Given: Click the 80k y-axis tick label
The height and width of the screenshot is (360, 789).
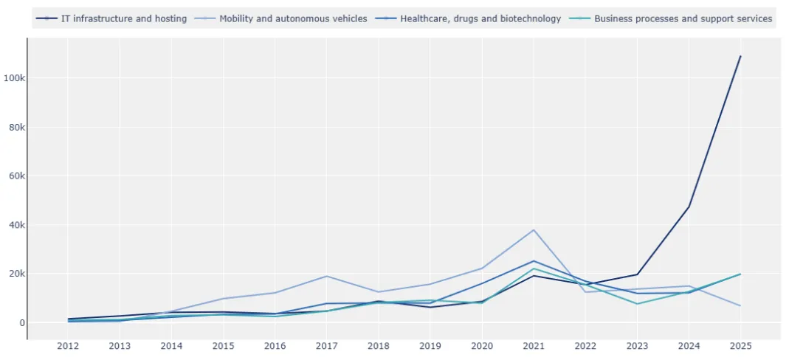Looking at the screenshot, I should coord(15,127).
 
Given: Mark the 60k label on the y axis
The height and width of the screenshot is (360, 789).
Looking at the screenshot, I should coord(15,176).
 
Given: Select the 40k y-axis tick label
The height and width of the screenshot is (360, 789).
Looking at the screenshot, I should coord(15,225).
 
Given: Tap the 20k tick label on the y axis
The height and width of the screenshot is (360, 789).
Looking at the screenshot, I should coord(15,274).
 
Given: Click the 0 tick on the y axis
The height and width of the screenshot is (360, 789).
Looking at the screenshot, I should coord(22,323).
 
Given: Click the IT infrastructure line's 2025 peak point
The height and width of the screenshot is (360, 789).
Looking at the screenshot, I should coord(740,56).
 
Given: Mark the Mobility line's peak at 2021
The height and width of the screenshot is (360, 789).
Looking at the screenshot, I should coord(534,230).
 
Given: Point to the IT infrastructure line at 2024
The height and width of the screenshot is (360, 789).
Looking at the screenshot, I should coord(689,207).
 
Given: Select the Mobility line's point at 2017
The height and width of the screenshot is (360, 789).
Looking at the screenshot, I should coord(326,276).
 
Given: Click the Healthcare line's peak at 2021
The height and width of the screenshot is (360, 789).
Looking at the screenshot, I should coord(534,261).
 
